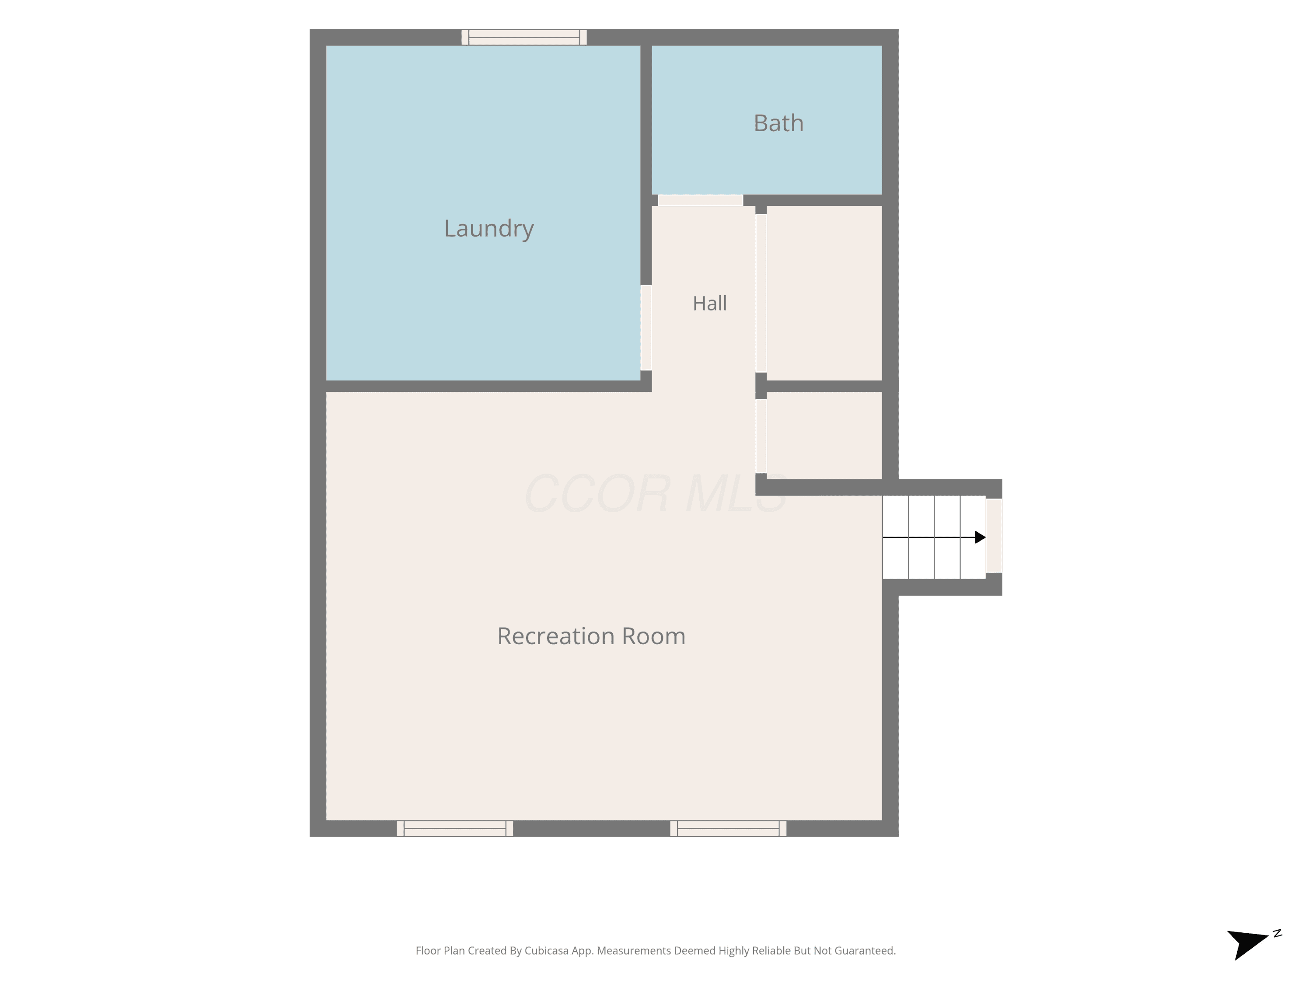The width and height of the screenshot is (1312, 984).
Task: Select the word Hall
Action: point(709,304)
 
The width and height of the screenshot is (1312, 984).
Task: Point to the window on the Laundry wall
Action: point(524,37)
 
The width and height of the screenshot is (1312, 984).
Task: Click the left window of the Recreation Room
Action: point(455,829)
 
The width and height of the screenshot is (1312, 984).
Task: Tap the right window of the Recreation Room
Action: point(728,829)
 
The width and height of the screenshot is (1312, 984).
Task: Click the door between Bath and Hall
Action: point(701,200)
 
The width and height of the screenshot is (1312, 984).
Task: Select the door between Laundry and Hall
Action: point(646,328)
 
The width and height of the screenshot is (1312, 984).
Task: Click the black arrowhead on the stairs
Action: point(981,537)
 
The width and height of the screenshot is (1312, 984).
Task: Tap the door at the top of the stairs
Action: point(994,536)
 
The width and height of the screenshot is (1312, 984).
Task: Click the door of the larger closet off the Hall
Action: point(761,293)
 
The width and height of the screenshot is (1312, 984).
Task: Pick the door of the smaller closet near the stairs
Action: point(761,436)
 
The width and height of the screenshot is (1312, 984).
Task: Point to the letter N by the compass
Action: point(1277,934)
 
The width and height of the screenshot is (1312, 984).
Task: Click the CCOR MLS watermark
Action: point(656,493)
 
